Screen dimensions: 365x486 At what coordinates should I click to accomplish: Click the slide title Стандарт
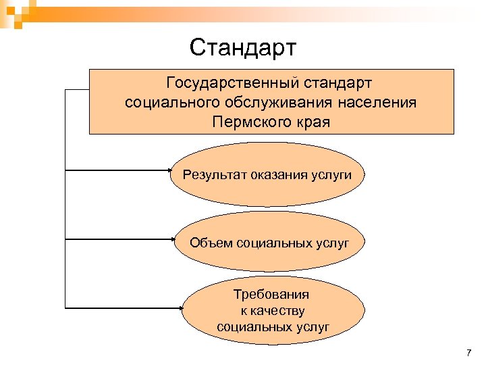[x=243, y=48]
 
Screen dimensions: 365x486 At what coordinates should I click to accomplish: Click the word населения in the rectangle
[x=378, y=103]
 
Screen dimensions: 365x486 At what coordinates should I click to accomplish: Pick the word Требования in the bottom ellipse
[x=271, y=295]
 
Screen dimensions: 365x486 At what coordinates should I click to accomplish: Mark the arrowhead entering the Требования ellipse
[x=181, y=306]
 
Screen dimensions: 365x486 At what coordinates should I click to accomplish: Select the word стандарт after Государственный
[x=339, y=83]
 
